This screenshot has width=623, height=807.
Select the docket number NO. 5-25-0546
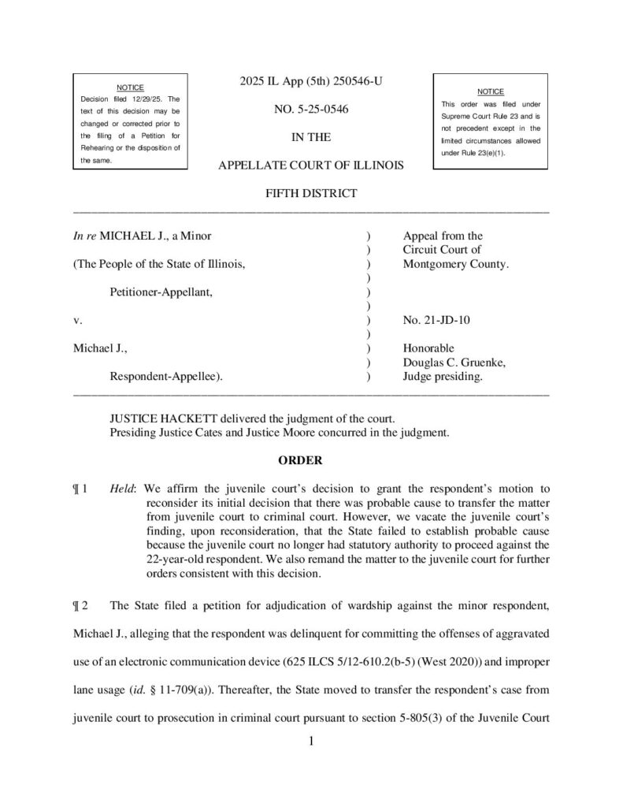[310, 110]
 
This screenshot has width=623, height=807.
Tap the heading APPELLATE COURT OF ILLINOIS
[310, 165]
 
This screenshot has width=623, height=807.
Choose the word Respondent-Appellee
[165, 377]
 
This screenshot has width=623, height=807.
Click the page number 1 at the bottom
[311, 741]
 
